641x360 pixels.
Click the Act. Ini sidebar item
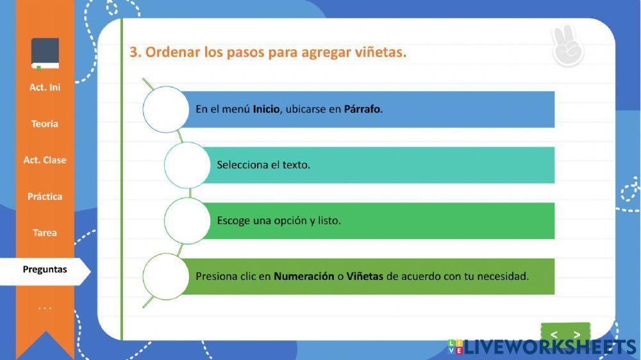click(x=45, y=87)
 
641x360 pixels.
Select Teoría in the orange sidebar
click(x=45, y=124)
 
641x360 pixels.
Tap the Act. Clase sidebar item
click(x=45, y=160)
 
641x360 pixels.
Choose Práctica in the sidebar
click(x=45, y=197)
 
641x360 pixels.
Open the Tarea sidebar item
click(x=45, y=233)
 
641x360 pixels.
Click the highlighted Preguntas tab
click(x=45, y=270)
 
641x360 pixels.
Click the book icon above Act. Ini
click(x=45, y=54)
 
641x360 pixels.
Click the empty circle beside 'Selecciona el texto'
click(x=187, y=165)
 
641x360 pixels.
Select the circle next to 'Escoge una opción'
click(x=187, y=221)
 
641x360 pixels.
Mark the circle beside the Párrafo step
click(x=166, y=110)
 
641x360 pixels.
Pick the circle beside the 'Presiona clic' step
click(x=166, y=277)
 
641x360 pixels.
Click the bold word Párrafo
click(x=363, y=110)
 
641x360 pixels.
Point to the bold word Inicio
click(x=266, y=110)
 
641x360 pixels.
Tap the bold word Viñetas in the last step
click(x=365, y=277)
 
